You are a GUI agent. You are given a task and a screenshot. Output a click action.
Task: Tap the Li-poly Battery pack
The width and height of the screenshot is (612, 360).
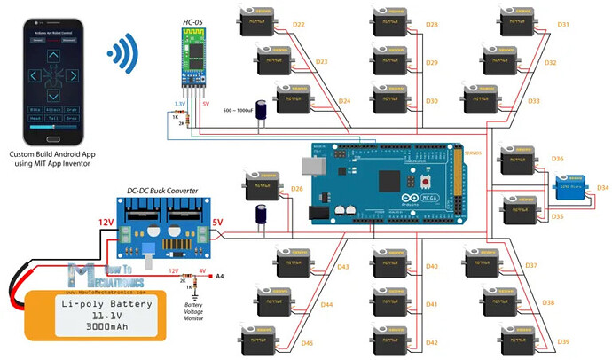point(89,314)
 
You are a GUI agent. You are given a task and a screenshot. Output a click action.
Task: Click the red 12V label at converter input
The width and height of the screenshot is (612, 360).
point(106,221)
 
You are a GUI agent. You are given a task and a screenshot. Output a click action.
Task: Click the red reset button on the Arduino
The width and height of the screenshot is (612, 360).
point(428,180)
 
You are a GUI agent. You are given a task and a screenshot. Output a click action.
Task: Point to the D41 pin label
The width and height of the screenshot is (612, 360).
point(432,304)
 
